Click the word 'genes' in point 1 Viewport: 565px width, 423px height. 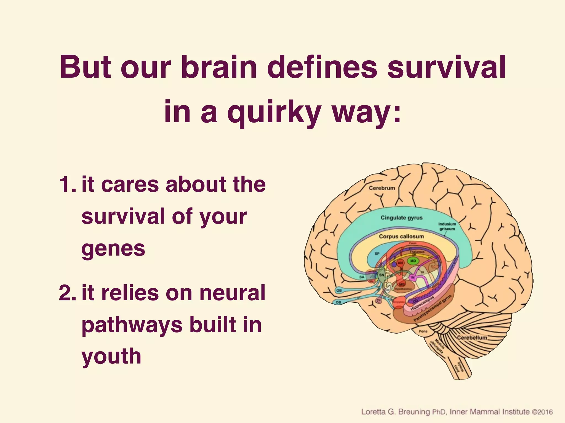click(113, 248)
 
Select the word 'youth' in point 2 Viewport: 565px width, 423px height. click(111, 356)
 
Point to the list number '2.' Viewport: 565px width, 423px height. click(67, 293)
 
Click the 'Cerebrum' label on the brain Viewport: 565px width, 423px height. click(382, 188)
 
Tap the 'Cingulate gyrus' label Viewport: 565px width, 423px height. click(401, 218)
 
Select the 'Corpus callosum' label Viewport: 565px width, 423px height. click(401, 236)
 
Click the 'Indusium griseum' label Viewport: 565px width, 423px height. click(447, 226)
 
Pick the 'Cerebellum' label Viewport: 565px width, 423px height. click(472, 338)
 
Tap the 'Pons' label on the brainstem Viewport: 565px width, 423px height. click(423, 331)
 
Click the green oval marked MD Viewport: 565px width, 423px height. click(413, 261)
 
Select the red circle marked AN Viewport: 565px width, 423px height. click(400, 263)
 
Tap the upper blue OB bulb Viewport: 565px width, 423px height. click(339, 290)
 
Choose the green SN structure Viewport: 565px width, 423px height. click(382, 275)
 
